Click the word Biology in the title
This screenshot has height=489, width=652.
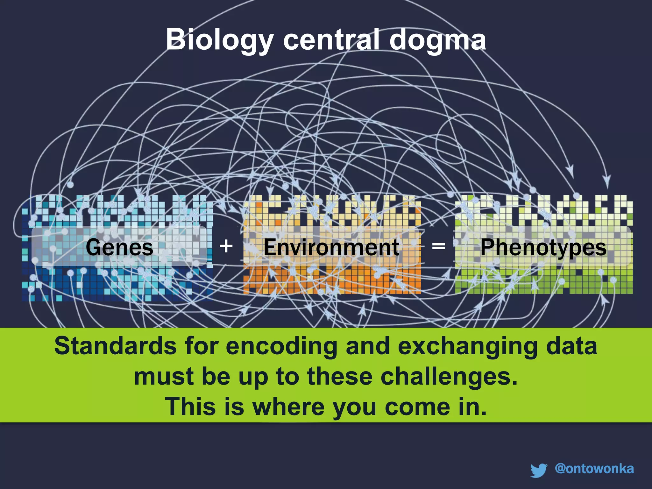coord(219,40)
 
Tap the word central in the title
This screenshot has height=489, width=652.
coord(331,40)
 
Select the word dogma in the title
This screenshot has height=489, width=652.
coord(437,40)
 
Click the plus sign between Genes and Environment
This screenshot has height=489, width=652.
coord(226,246)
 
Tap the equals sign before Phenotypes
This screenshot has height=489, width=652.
coord(438,246)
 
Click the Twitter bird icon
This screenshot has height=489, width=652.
coord(539,470)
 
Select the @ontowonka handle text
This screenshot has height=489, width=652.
coord(594,468)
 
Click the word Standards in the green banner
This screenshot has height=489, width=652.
coord(115,346)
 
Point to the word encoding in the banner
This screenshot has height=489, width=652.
coord(281,346)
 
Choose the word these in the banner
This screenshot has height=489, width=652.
coord(340,376)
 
